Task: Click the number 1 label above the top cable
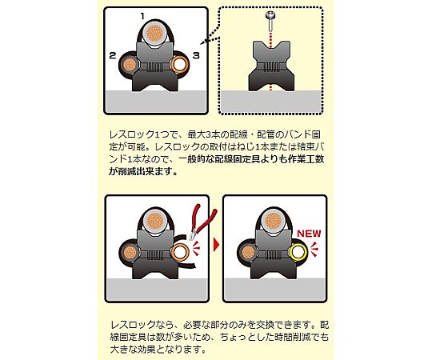142,17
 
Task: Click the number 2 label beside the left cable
113,56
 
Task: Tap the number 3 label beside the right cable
196,56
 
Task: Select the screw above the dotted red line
271,22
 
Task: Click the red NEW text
309,234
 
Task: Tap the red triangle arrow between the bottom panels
217,244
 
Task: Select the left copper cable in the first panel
129,66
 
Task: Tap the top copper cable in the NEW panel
273,221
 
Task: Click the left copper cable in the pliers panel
129,252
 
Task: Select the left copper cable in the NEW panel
247,252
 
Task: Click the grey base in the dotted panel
271,102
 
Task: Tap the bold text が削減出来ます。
143,171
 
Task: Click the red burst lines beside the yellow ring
314,249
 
